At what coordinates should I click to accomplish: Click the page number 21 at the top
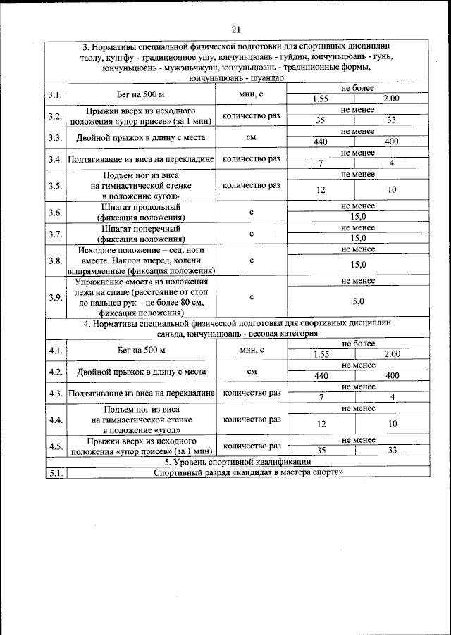pos(235,29)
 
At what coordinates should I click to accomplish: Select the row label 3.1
pos(55,94)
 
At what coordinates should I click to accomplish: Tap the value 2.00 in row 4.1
pos(392,353)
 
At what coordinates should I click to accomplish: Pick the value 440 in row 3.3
pos(321,142)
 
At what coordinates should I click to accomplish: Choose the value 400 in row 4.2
pos(392,376)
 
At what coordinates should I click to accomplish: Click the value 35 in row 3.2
pos(321,120)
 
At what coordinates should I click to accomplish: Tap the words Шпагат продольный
pos(141,208)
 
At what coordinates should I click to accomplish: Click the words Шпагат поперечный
pos(141,229)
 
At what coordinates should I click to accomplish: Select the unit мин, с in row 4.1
pos(252,349)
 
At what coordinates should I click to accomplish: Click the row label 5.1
pos(55,472)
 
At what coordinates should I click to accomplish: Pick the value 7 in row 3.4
pos(321,163)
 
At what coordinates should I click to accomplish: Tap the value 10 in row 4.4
pos(392,423)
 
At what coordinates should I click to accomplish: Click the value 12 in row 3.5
pos(321,190)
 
